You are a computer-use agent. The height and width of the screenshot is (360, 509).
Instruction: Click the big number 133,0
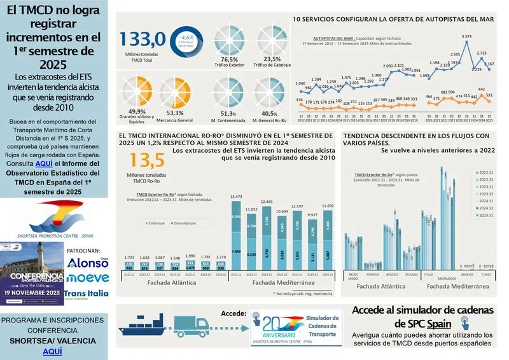coord(148,39)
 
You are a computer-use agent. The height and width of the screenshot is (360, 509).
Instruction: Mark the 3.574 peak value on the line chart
coord(466,37)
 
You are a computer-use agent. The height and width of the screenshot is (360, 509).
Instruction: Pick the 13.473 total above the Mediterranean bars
coord(235,197)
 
